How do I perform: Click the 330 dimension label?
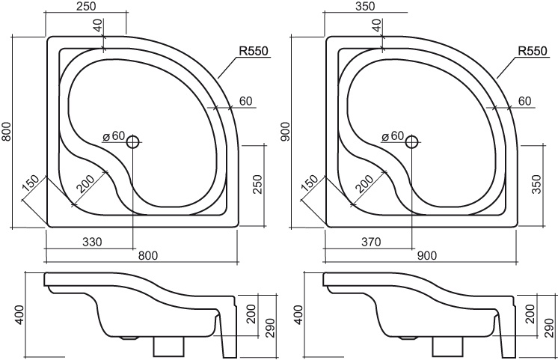point(92,242)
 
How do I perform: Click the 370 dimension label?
point(371,242)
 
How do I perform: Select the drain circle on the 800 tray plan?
point(133,142)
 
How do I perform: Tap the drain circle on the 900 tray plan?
point(412,142)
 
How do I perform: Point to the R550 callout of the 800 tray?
point(253,51)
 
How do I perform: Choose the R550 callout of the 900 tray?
point(532,51)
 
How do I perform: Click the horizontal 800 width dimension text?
point(147,255)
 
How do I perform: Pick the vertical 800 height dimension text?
point(7,132)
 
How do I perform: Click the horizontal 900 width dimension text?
point(426,255)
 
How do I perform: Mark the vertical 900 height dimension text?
point(286,132)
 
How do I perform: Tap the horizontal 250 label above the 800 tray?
point(87,6)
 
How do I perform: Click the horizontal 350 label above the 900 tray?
point(365,6)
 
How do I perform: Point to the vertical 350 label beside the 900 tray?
point(536,183)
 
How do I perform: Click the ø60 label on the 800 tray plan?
point(114,135)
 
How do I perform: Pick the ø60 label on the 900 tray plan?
point(393,135)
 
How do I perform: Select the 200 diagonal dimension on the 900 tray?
point(364,183)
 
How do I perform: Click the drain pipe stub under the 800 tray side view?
point(169,347)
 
